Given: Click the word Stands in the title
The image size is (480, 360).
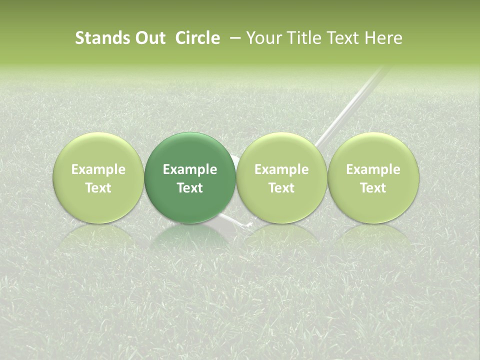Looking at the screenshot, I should pyautogui.click(x=102, y=38).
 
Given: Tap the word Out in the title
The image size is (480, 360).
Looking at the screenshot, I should pyautogui.click(x=149, y=38).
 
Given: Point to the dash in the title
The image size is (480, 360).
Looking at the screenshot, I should pyautogui.click(x=233, y=38).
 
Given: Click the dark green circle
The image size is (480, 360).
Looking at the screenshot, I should pyautogui.click(x=190, y=150).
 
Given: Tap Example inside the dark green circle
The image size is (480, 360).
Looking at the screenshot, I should pyautogui.click(x=190, y=169).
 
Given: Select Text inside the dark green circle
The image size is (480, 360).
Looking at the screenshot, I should pyautogui.click(x=190, y=188).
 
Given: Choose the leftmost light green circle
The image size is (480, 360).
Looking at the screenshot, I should pyautogui.click(x=98, y=150).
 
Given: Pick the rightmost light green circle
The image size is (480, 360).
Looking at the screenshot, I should pyautogui.click(x=373, y=150).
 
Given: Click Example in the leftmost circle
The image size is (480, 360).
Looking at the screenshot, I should pyautogui.click(x=98, y=169).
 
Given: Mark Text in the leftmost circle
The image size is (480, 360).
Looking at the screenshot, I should pyautogui.click(x=98, y=188).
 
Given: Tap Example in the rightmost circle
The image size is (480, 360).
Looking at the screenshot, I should pyautogui.click(x=373, y=169).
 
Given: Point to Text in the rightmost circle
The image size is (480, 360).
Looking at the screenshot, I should pyautogui.click(x=373, y=188).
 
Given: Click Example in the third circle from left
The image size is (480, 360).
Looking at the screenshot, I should pyautogui.click(x=281, y=169).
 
